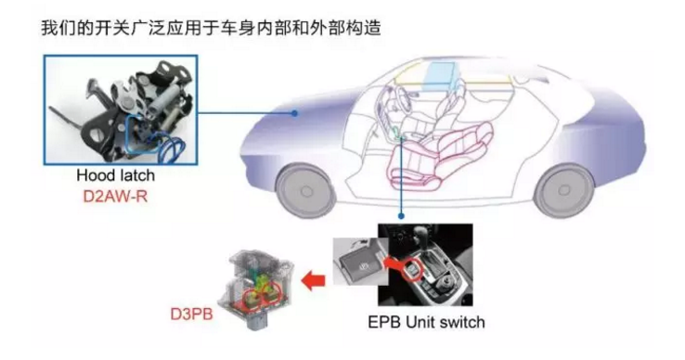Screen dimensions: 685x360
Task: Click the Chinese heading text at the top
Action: coord(211,28)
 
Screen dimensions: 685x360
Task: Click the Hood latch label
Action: coord(116,175)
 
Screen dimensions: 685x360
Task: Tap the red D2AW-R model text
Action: coord(115,196)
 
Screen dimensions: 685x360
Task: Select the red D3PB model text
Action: coord(191,314)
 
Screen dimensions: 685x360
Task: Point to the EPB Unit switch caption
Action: coord(426,322)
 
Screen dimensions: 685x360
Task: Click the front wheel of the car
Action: coord(306,191)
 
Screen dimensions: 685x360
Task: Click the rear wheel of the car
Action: coord(563,190)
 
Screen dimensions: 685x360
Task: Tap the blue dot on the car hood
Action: coord(295,113)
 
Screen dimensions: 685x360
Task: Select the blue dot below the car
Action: coord(401,216)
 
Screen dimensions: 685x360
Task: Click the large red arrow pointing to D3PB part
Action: coord(313,279)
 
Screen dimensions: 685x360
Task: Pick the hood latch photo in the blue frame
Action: coord(121,110)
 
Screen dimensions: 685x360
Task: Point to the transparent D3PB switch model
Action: coord(254,289)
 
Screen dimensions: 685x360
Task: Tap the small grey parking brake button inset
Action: coord(360,262)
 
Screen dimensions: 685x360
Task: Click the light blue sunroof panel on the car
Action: coord(441,75)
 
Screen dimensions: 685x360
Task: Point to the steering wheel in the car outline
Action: coord(390,105)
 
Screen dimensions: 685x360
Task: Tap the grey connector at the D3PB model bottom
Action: coord(253,321)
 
